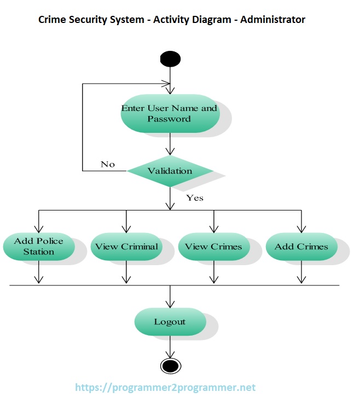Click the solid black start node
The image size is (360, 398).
pyautogui.click(x=170, y=58)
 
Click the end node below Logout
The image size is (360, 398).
pyautogui.click(x=170, y=366)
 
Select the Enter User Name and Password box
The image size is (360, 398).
pyautogui.click(x=170, y=113)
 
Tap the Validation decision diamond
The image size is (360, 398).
pyautogui.click(x=170, y=171)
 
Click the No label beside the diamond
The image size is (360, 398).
pyautogui.click(x=108, y=164)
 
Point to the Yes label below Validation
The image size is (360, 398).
pyautogui.click(x=195, y=198)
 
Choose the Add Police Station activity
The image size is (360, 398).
pyautogui.click(x=38, y=247)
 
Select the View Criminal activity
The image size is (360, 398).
pyautogui.click(x=126, y=247)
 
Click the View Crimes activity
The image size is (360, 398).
pyautogui.click(x=213, y=247)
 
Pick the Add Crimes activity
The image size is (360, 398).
pyautogui.click(x=301, y=247)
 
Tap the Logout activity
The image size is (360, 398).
pyautogui.click(x=170, y=322)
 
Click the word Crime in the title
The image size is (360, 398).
pyautogui.click(x=51, y=20)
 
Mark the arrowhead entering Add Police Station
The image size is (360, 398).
pyautogui.click(x=38, y=229)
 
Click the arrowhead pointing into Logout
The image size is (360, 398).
pyautogui.click(x=170, y=304)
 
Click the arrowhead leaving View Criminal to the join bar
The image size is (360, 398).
pyautogui.click(x=126, y=279)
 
